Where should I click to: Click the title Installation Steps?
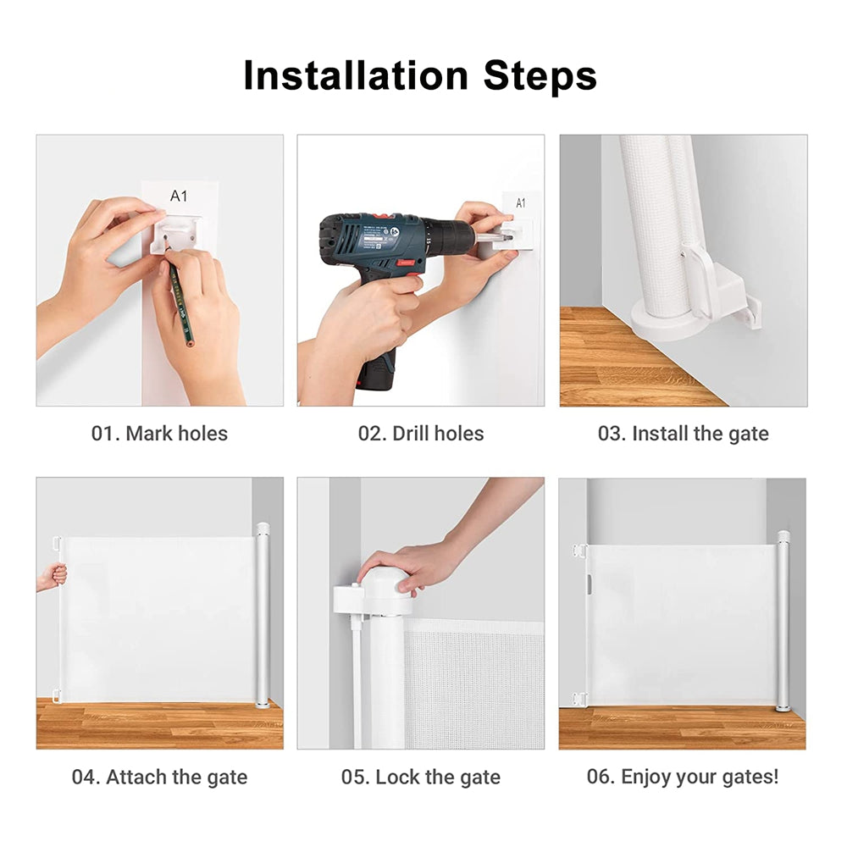point(420,75)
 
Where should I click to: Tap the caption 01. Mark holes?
point(159,434)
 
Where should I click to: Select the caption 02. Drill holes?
point(420,434)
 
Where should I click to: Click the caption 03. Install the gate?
point(683,434)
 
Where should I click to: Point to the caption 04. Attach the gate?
point(159,777)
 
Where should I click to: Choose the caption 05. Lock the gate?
point(420,777)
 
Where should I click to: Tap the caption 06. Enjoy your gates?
point(683,777)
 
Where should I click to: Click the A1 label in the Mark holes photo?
point(179,197)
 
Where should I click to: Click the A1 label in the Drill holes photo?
point(520,202)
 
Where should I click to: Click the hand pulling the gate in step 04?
point(53,577)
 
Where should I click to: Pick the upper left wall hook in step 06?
point(579,551)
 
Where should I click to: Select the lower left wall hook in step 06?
point(579,699)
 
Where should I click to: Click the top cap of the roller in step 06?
point(783,536)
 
